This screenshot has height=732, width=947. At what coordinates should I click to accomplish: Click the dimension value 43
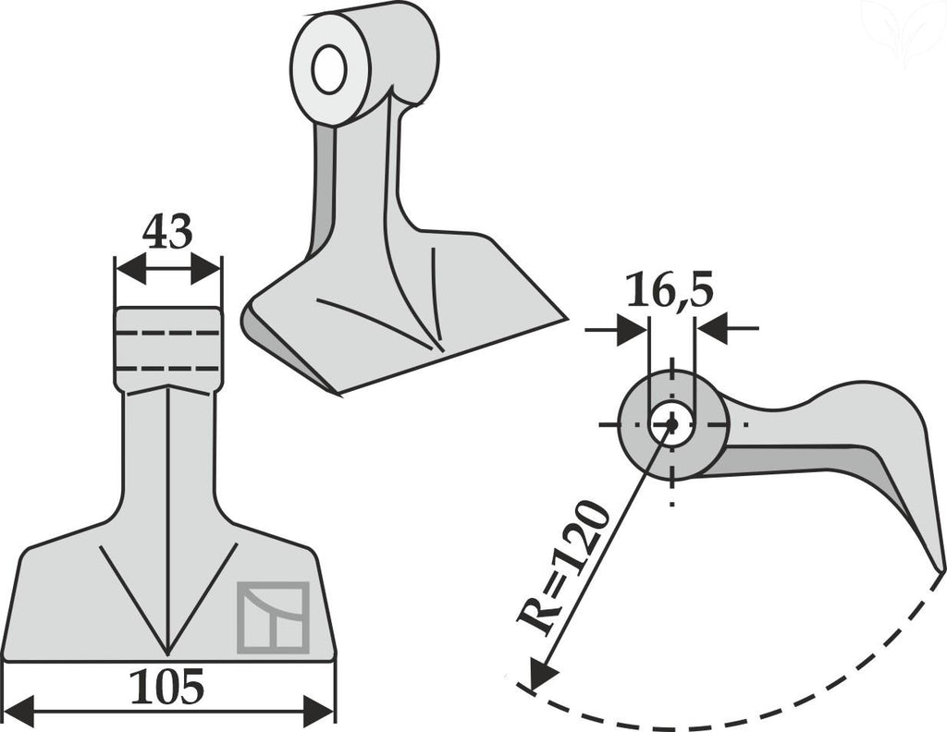pos(167,231)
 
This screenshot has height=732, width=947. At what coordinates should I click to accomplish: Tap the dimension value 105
pos(167,687)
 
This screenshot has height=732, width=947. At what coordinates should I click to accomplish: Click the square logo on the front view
pos(273,617)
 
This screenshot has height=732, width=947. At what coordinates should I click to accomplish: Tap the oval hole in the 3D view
pos(329,68)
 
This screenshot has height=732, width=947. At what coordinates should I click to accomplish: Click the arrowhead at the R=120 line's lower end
pos(541,674)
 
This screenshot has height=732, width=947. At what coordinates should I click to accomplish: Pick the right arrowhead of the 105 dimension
pos(318,712)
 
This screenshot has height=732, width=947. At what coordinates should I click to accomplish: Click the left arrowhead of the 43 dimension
pos(130,269)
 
